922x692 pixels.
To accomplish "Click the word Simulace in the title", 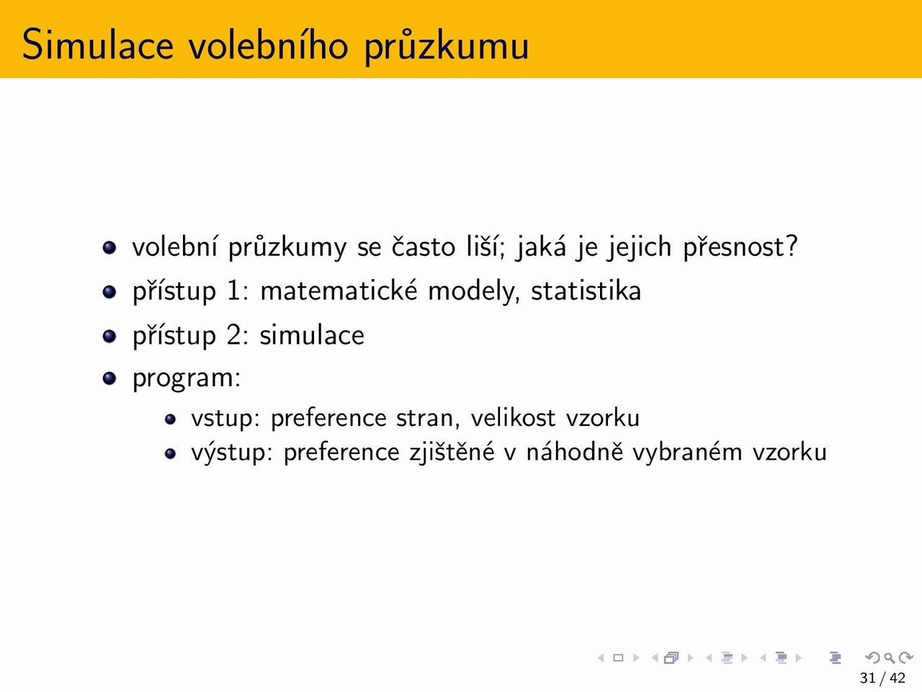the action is point(97,44).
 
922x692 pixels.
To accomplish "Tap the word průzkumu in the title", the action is point(446,46).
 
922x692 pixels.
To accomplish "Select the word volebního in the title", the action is point(269,44).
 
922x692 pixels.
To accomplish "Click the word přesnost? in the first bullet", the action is point(740,247).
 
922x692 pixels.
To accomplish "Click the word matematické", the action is point(339,290).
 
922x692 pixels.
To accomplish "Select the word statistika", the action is point(586,290).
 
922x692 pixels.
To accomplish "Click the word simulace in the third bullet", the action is point(312,334).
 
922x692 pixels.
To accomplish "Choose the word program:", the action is point(187,378).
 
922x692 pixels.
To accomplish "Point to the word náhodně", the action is point(575,452).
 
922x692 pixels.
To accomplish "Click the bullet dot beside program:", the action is point(109,378).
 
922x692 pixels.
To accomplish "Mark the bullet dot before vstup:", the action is point(170,420).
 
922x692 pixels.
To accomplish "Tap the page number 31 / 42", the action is point(882,678).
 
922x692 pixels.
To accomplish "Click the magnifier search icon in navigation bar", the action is point(890,657).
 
